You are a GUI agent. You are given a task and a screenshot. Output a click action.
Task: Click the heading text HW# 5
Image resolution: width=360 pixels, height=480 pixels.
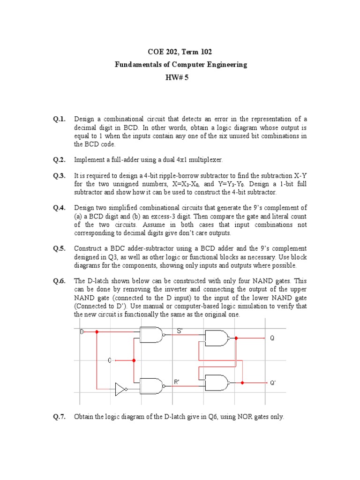click(x=180, y=77)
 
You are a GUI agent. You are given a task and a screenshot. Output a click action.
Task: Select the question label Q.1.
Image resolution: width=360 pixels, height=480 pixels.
click(x=60, y=120)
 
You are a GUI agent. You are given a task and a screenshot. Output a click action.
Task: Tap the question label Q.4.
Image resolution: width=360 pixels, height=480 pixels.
click(x=60, y=208)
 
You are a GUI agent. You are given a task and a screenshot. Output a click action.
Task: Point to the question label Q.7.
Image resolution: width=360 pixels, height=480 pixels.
click(x=60, y=416)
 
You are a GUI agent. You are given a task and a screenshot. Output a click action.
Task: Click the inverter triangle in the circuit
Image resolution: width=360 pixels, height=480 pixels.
click(x=121, y=389)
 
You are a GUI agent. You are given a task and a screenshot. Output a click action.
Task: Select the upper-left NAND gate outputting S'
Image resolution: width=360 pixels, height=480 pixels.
click(x=152, y=334)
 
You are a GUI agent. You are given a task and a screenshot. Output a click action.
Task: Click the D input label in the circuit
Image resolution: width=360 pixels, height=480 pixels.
click(x=82, y=331)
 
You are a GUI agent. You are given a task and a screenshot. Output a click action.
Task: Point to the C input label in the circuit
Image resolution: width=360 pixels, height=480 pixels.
click(x=110, y=360)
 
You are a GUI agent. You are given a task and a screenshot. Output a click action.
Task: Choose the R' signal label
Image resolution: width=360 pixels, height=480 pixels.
click(x=177, y=382)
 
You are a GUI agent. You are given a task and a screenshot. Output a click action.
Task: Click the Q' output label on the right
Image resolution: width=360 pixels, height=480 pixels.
click(x=272, y=382)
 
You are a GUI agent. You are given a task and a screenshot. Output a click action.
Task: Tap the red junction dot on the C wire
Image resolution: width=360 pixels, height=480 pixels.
click(x=134, y=360)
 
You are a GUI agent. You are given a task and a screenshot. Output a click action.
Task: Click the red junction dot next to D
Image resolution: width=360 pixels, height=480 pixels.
click(x=97, y=331)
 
